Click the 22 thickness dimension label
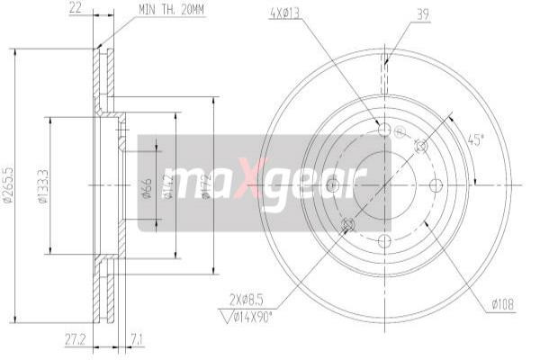coord(75,9)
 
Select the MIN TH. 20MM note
coord(172,9)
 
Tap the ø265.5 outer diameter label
coord(7,185)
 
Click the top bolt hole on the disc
coord(384,130)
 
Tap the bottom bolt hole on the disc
coord(384,240)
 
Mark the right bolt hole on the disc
coord(437,185)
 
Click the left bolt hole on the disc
coord(332,185)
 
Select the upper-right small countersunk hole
coord(420,146)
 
